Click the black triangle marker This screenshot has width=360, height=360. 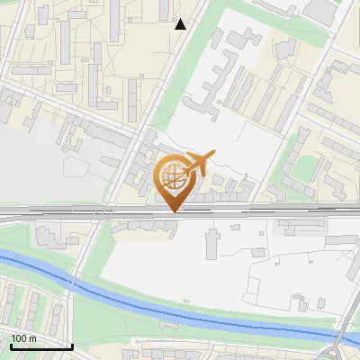click(180, 24)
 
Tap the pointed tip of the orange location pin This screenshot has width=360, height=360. click(172, 211)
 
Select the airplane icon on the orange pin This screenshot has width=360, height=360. click(199, 163)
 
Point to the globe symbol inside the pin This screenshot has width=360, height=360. click(172, 176)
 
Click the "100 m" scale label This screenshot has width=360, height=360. click(23, 338)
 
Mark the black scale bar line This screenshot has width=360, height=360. click(41, 346)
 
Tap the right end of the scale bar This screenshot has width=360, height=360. click(72, 346)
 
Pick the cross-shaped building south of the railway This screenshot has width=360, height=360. click(213, 241)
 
